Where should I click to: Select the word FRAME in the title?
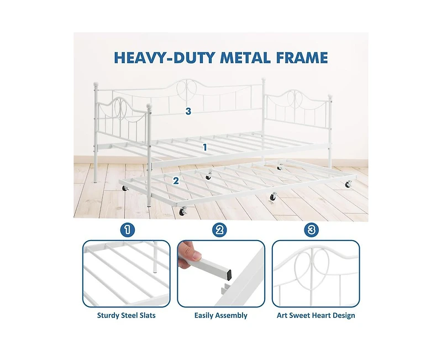tap(302, 58)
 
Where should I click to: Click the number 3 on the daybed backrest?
tap(188, 111)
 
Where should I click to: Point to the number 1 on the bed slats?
tap(205, 147)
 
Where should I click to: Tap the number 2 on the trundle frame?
tap(176, 181)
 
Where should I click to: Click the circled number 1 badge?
tap(128, 230)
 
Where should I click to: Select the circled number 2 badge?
tap(219, 230)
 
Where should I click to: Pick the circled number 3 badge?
tap(311, 230)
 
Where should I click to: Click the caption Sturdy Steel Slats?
tap(127, 315)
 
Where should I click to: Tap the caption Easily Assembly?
tap(220, 315)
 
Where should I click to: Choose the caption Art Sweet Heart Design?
tap(315, 315)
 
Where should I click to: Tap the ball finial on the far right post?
tap(330, 97)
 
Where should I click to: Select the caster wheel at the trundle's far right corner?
tap(349, 184)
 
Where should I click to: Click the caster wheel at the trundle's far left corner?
tap(124, 188)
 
